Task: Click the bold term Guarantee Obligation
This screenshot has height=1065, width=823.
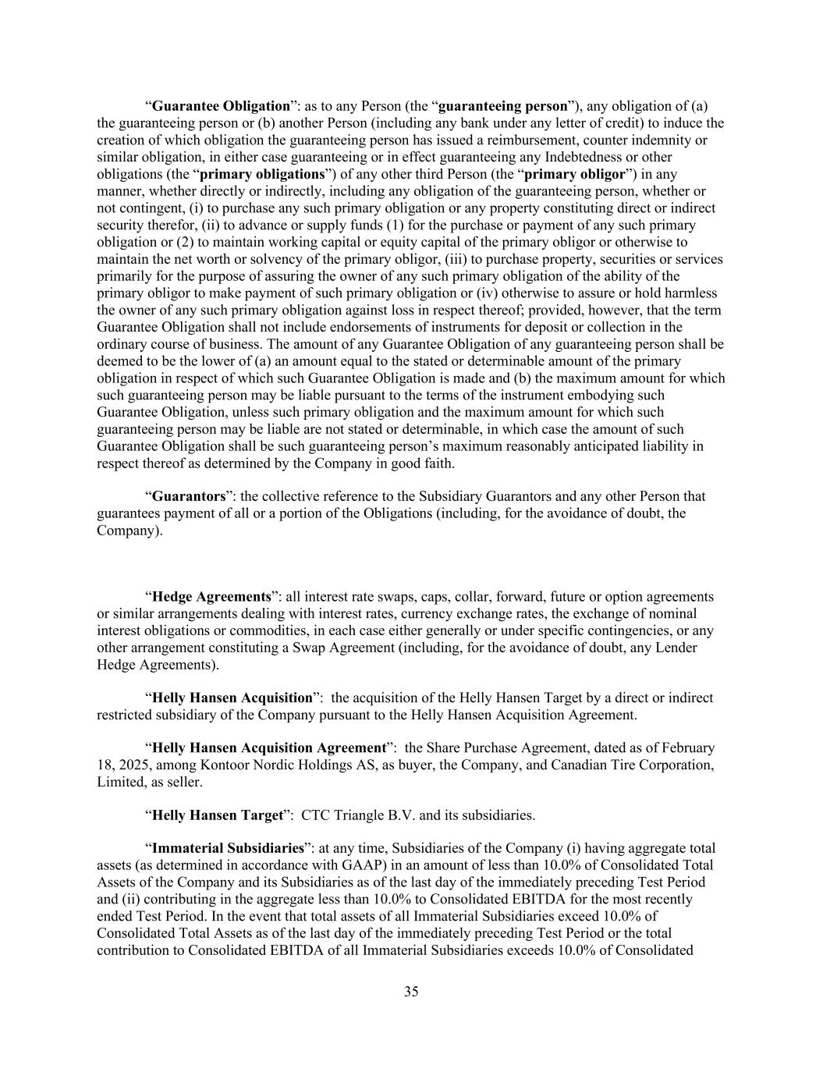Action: point(221,106)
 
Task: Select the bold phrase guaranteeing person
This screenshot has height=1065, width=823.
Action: point(503,106)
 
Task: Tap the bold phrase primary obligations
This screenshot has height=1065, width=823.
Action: point(262,174)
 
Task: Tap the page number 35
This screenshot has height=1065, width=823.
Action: point(411,992)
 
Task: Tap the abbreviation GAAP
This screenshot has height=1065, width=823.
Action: point(365,865)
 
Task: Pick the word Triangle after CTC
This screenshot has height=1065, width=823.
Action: point(363,815)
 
